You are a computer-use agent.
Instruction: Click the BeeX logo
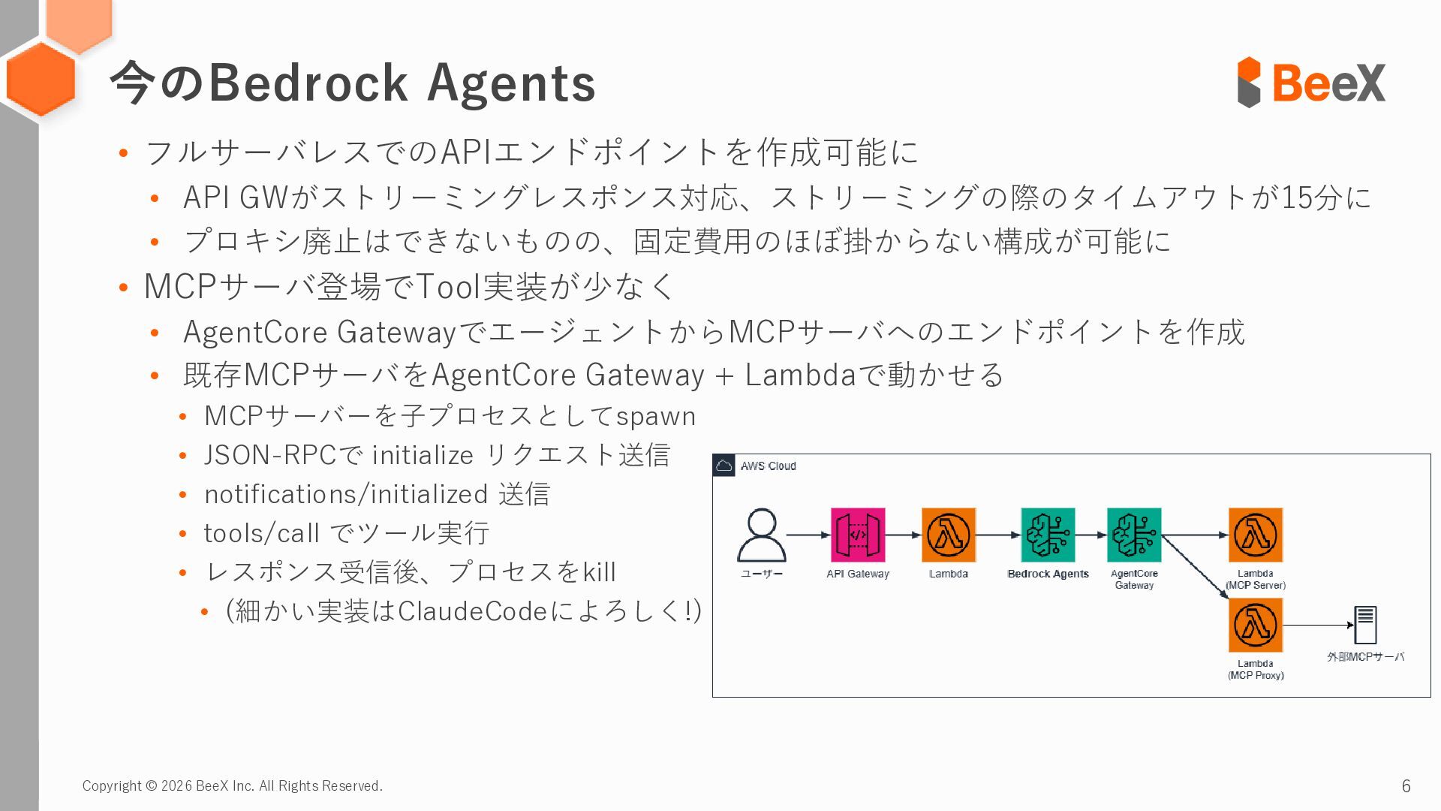1310,82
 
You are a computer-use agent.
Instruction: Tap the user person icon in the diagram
762,535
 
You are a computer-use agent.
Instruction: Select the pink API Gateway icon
857,535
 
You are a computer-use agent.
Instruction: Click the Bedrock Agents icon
1048,535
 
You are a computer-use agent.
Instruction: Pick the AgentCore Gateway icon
1134,535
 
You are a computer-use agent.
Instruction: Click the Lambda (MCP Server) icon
1255,535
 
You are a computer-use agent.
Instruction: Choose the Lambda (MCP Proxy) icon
1255,625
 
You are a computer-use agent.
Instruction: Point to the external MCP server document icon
1365,625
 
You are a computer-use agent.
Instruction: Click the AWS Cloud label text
768,466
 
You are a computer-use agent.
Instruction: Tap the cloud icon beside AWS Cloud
724,466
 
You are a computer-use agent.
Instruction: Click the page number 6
1406,786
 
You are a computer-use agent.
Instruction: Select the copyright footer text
232,786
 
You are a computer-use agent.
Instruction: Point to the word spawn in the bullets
656,416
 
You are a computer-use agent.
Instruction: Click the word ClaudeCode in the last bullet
472,611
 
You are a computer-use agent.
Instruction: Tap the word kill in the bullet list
599,572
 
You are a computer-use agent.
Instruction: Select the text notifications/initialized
346,494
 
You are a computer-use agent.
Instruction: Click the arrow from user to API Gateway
808,535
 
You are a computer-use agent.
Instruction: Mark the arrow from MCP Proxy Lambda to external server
1318,625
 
